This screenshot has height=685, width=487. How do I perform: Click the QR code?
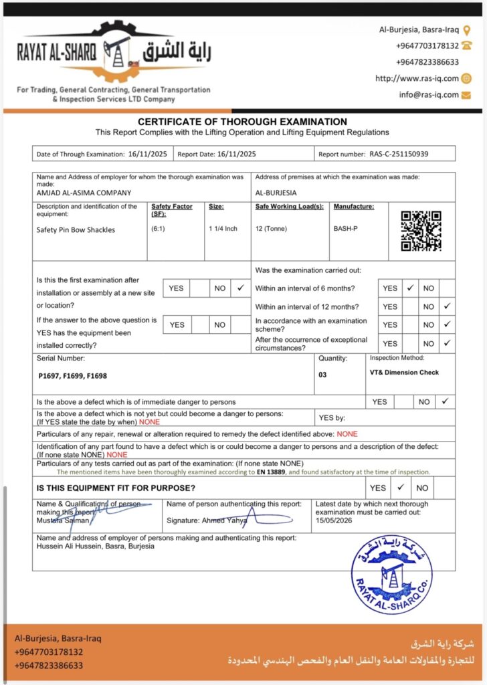421,231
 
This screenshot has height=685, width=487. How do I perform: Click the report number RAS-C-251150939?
399,154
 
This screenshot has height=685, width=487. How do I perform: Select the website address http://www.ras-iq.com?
417,78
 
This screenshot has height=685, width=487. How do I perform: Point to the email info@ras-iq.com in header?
429,95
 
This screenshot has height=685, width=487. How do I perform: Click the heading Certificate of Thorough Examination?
242,122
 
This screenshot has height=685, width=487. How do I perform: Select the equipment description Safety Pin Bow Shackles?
76,229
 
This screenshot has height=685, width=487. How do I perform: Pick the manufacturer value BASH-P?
346,229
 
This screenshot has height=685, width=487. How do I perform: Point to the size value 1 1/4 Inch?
223,229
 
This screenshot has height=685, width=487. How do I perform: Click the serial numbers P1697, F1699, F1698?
72,376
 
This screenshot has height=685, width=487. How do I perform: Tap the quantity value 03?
322,375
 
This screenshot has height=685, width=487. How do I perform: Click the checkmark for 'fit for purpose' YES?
400,488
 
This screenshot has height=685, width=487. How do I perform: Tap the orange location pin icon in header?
466,30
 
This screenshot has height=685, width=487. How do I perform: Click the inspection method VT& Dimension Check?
404,372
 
